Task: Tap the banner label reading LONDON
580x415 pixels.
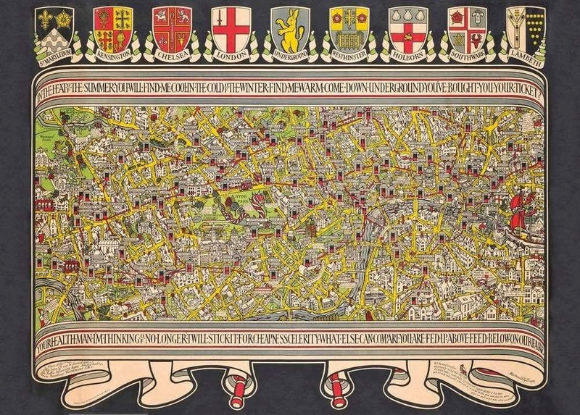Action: pyautogui.click(x=228, y=55)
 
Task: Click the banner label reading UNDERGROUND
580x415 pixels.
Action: pyautogui.click(x=288, y=55)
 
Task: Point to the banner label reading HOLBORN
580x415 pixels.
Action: pyautogui.click(x=406, y=55)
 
